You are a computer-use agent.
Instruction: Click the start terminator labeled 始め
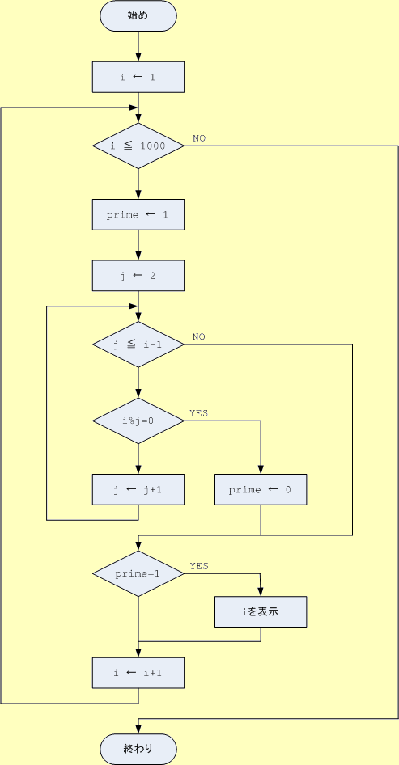tap(138, 15)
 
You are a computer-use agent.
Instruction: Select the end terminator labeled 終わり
tap(138, 749)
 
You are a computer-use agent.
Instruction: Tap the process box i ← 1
tap(138, 77)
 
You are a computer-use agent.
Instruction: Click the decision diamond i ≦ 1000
tap(138, 146)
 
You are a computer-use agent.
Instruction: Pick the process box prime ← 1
tap(138, 214)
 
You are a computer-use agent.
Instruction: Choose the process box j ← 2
tap(138, 276)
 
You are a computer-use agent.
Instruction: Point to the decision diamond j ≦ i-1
tap(138, 344)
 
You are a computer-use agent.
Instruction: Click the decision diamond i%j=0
tap(138, 421)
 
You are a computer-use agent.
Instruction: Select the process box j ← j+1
tap(138, 489)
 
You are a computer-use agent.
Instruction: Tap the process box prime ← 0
tap(261, 489)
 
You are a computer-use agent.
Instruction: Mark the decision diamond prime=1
tap(138, 574)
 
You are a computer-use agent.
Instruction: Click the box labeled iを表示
tap(261, 611)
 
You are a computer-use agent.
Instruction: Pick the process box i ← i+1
tap(138, 673)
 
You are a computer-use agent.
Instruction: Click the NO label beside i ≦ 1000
tap(199, 138)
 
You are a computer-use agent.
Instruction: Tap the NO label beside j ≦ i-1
tap(199, 337)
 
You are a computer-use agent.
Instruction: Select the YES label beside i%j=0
tap(199, 413)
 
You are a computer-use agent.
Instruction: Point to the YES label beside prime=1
tap(199, 566)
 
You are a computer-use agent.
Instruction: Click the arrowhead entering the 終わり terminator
tap(138, 730)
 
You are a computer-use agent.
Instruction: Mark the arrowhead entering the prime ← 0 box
tap(261, 471)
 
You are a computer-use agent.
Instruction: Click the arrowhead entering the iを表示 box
tap(261, 592)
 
